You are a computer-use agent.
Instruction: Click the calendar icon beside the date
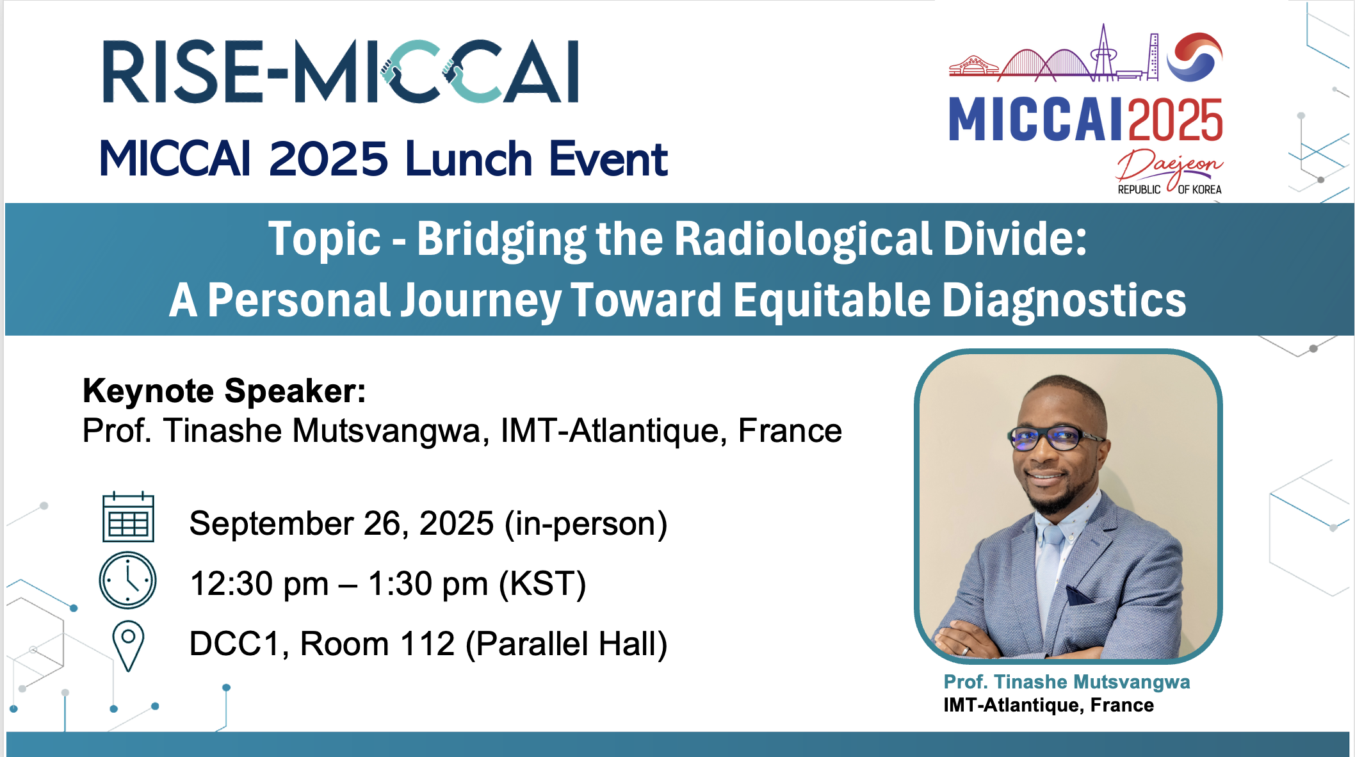tap(128, 517)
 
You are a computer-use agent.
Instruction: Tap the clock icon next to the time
tap(127, 580)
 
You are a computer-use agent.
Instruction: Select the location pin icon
tap(128, 646)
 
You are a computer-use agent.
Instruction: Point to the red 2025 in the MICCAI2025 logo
tap(1176, 120)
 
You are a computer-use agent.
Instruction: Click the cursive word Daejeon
tap(1169, 166)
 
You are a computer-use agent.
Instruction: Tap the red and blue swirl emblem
tap(1194, 56)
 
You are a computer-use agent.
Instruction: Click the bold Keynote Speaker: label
tap(224, 391)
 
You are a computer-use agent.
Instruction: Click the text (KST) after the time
tap(542, 584)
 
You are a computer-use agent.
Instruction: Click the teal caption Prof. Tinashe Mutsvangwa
tap(1067, 682)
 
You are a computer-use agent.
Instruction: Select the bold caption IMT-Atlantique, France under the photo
tap(1048, 705)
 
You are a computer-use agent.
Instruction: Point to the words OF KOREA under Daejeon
tap(1199, 190)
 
